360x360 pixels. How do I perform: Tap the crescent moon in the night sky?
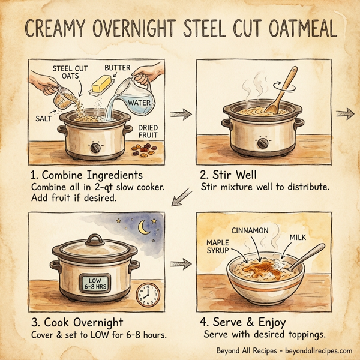coord(145,227)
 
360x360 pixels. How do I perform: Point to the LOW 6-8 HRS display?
coord(95,284)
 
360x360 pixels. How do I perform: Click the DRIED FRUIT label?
coord(148,133)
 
